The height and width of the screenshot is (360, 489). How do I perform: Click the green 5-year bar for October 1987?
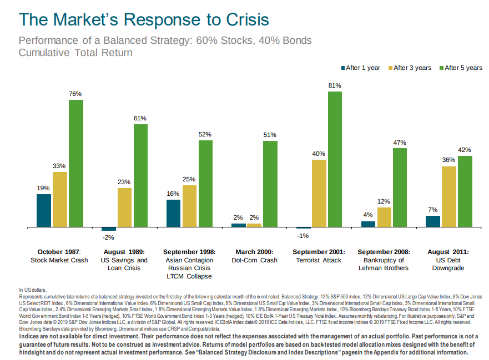coord(76,164)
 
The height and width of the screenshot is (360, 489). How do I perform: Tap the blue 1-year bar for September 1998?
coord(174,214)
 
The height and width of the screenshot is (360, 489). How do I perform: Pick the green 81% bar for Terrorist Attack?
coord(335,160)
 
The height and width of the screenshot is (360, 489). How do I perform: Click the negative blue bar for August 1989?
coord(109,229)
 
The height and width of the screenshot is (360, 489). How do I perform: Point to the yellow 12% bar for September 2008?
coord(384,217)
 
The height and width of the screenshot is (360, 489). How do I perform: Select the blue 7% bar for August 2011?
coord(433,221)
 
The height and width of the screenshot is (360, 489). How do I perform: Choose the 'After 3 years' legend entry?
coord(412,68)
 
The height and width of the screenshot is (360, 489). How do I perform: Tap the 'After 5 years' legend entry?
coord(463,68)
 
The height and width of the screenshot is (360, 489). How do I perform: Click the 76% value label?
coord(75,94)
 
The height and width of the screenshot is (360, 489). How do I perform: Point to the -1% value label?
coord(303,236)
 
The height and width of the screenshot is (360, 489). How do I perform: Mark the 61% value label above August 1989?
coord(140,118)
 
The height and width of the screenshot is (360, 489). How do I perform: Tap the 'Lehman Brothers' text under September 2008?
coord(384,268)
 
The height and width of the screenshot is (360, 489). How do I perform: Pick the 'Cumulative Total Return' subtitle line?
coord(75,53)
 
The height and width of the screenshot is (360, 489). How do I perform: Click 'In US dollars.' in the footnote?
coord(33,290)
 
